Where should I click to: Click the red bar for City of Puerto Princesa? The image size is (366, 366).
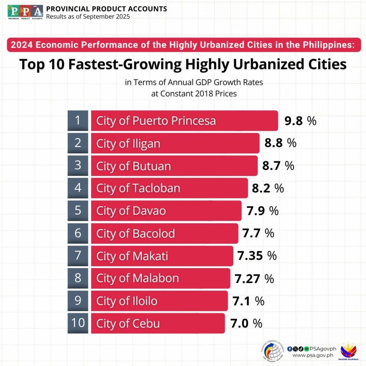(x=184, y=121)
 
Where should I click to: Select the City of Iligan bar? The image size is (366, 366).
(x=175, y=143)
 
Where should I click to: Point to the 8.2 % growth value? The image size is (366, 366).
(x=268, y=188)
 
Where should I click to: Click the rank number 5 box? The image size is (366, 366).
(x=78, y=211)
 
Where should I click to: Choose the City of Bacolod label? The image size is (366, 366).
(x=135, y=233)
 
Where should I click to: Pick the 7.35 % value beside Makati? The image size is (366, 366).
(x=257, y=256)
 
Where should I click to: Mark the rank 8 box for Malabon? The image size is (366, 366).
(x=78, y=278)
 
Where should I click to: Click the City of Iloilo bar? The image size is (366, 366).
(x=159, y=301)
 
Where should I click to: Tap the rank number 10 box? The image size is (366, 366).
(x=78, y=323)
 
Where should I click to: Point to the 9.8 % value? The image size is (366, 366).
(x=300, y=121)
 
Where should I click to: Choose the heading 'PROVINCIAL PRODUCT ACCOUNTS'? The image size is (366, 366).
(x=107, y=9)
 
